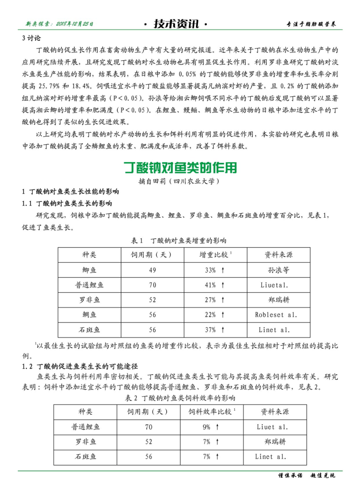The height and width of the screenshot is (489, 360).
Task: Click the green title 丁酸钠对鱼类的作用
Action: pos(180,168)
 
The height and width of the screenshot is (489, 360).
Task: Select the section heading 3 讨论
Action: pos(31,38)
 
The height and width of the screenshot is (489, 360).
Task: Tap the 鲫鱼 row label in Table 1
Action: pos(89,270)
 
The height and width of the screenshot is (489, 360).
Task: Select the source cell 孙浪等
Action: pos(278,270)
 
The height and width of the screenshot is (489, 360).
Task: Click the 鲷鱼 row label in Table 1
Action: pos(89,314)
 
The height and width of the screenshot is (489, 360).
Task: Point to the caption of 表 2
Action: pos(180,398)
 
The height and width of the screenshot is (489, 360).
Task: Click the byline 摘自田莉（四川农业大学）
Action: pos(180,181)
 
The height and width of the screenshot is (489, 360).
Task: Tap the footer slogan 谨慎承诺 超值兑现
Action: pos(306,476)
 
